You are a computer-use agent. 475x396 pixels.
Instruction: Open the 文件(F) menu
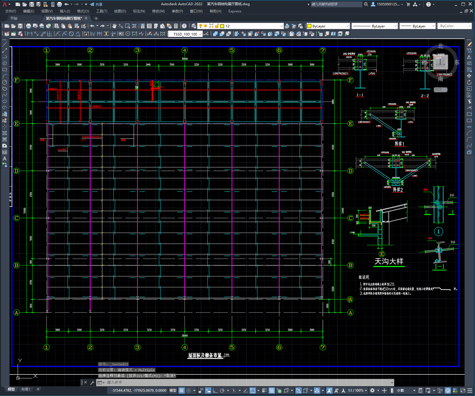(x=10, y=11)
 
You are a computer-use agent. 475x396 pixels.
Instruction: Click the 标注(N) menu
(x=139, y=11)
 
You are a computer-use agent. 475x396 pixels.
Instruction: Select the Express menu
(x=234, y=11)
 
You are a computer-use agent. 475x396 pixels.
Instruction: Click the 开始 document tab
(x=14, y=18)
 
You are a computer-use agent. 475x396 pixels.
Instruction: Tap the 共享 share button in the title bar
(x=96, y=4)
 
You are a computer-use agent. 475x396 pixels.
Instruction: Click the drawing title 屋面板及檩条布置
(x=205, y=355)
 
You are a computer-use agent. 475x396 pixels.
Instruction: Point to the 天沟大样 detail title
(x=389, y=261)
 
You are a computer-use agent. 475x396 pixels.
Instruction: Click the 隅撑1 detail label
(x=399, y=144)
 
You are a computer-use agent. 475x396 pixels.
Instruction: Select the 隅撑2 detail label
(x=398, y=190)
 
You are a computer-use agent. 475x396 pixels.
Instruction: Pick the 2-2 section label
(x=425, y=96)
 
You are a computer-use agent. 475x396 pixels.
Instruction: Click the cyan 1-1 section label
(x=439, y=267)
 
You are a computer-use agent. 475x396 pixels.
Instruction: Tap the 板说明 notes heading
(x=364, y=277)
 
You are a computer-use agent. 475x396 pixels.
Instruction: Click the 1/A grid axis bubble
(x=350, y=299)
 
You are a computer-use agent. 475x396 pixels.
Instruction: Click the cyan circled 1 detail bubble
(x=438, y=231)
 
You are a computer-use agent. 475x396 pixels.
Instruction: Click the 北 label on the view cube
(x=440, y=46)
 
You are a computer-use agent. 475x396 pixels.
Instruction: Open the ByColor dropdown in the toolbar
(x=454, y=26)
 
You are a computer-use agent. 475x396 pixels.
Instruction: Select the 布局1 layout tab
(x=25, y=389)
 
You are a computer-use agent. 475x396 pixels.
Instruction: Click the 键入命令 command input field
(x=245, y=382)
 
